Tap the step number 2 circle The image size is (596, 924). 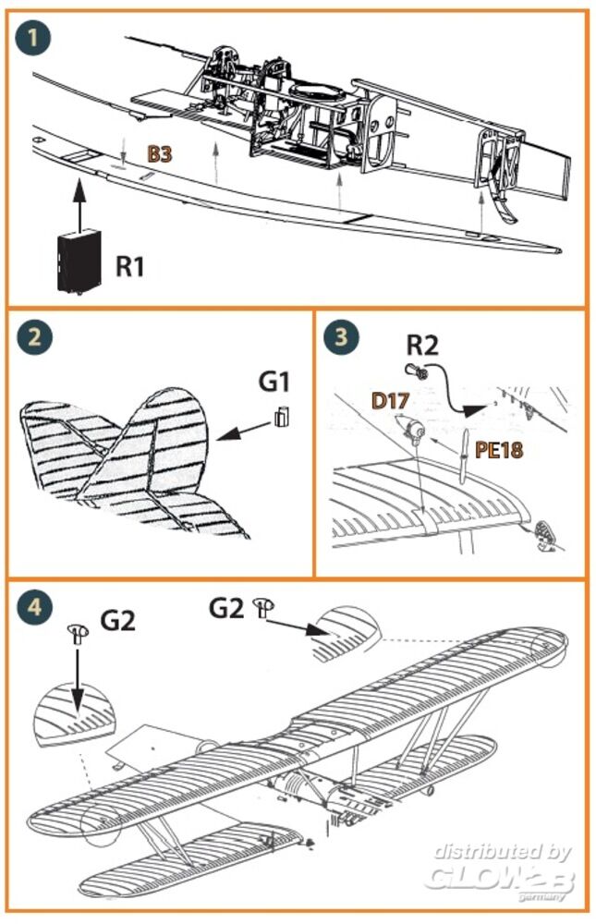coord(34,337)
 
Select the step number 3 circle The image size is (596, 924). coord(342,337)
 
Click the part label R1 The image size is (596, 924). coord(130,266)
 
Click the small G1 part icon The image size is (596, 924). coord(281,417)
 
